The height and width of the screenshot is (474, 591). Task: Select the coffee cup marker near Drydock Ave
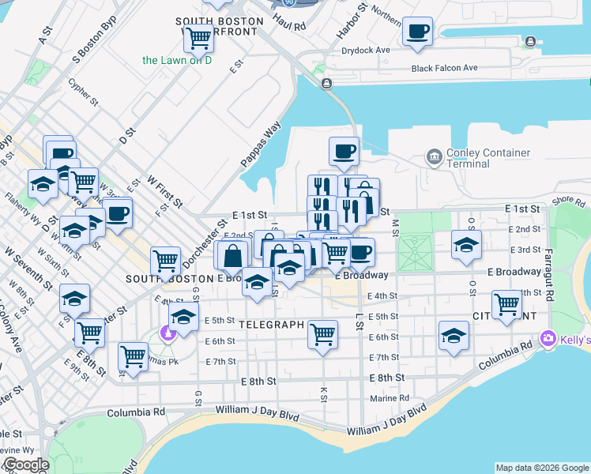coord(417,32)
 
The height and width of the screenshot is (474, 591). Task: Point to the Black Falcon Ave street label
coord(444,68)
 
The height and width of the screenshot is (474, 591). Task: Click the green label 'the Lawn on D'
coord(177,60)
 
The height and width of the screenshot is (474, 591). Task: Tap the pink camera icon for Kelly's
coord(548,339)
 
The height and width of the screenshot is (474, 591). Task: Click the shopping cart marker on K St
coord(322,333)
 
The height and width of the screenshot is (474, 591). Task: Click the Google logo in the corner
coord(25,465)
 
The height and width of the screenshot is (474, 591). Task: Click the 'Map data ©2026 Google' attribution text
coord(542,468)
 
